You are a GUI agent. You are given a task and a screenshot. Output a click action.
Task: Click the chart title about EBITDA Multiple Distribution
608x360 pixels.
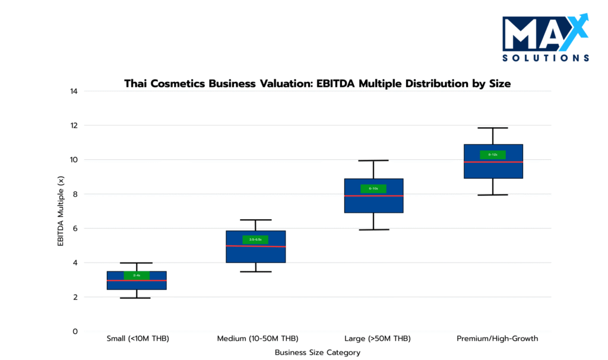tap(317, 84)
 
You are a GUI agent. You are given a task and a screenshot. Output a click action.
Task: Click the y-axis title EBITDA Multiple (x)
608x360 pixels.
tap(61, 211)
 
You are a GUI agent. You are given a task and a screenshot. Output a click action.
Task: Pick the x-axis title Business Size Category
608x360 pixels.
tap(317, 352)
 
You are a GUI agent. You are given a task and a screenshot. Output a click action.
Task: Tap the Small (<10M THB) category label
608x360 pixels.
tap(137, 339)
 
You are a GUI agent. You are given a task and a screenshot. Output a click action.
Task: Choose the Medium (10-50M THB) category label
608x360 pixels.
tap(256, 339)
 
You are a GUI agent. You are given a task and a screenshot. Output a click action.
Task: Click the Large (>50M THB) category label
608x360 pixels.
tap(373, 339)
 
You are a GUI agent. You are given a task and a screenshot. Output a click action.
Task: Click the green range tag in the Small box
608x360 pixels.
tap(137, 275)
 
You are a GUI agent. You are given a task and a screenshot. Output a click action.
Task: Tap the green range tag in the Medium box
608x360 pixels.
tap(255, 240)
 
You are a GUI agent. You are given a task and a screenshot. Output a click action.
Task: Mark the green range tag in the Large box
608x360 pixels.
tap(373, 189)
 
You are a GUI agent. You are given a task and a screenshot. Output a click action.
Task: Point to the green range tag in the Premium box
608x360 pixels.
tap(493, 155)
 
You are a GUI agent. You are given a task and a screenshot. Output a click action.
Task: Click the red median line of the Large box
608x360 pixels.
tap(373, 196)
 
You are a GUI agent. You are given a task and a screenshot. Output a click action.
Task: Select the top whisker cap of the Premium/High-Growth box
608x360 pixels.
tap(493, 128)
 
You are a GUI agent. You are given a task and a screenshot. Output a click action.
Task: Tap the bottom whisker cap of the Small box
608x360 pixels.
tap(137, 298)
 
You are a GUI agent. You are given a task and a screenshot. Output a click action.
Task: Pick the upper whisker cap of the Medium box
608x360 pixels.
tap(255, 220)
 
